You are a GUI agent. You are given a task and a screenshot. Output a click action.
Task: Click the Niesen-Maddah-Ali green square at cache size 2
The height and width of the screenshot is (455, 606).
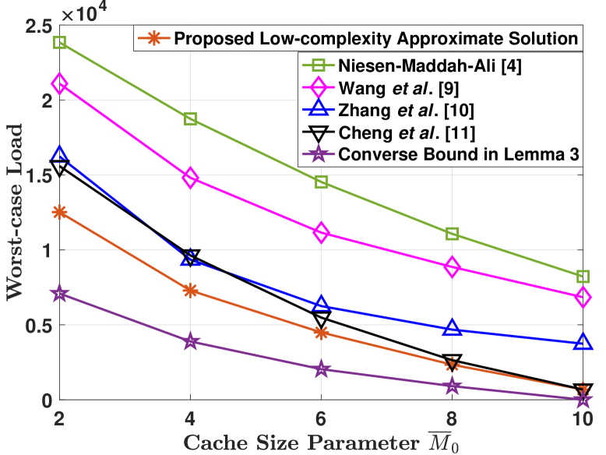click(59, 42)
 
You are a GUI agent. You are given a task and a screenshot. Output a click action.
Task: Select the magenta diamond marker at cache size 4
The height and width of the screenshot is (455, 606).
click(190, 178)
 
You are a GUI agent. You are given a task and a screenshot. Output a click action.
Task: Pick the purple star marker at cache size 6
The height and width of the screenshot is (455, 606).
click(321, 369)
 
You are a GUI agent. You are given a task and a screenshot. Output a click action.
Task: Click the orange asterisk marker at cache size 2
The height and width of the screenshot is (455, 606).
click(59, 212)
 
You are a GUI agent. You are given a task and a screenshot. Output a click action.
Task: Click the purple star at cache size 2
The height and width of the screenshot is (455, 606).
click(59, 295)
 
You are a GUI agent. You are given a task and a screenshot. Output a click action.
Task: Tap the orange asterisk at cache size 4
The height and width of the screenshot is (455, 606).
click(190, 291)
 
